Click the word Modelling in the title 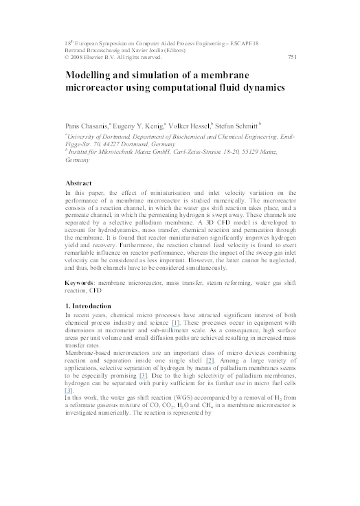tap(97, 75)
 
